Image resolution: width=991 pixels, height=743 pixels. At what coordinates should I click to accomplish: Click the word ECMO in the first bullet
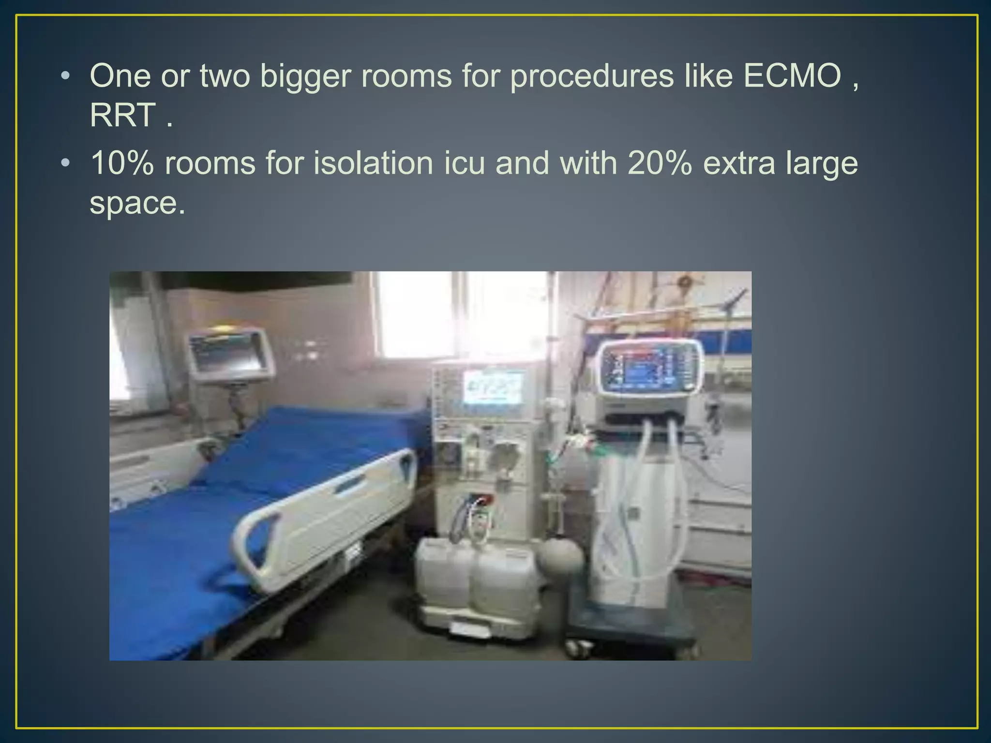(793, 76)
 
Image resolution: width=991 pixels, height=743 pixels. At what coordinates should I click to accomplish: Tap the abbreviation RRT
(123, 116)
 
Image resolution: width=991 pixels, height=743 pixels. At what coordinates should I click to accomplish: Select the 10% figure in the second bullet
(122, 163)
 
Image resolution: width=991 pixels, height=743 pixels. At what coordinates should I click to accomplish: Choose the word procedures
(591, 77)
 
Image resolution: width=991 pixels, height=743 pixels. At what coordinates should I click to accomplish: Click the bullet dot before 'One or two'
(65, 76)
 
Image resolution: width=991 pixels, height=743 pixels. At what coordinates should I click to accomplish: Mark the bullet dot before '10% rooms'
(65, 163)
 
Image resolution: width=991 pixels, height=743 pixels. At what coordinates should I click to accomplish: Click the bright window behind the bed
(460, 314)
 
